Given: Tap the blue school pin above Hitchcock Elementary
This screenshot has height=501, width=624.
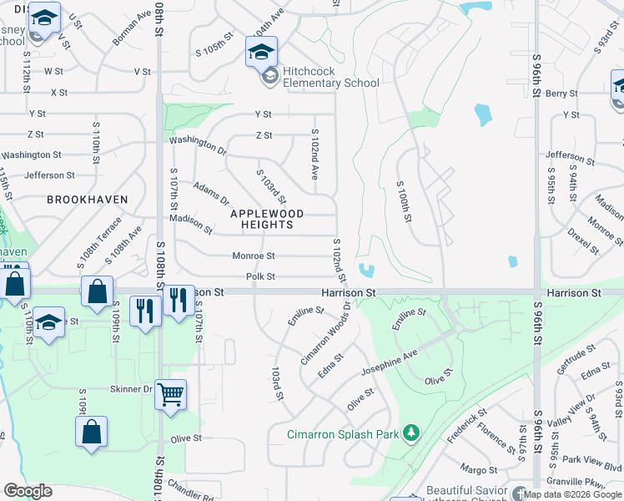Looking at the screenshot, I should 261,52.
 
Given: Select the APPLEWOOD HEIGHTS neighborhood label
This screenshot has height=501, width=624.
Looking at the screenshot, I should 267,219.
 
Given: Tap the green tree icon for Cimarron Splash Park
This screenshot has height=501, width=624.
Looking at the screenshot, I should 410,433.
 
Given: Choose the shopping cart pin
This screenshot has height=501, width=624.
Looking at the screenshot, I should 170,393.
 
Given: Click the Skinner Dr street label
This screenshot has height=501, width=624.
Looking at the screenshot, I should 131,389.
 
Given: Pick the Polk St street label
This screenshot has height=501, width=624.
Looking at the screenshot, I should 260,276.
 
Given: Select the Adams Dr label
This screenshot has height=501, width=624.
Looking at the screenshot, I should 210,194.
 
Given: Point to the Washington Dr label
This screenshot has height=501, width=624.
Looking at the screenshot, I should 199,146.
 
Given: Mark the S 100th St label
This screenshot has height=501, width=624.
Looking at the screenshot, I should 405,201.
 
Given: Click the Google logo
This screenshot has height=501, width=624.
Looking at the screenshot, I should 28,490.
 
